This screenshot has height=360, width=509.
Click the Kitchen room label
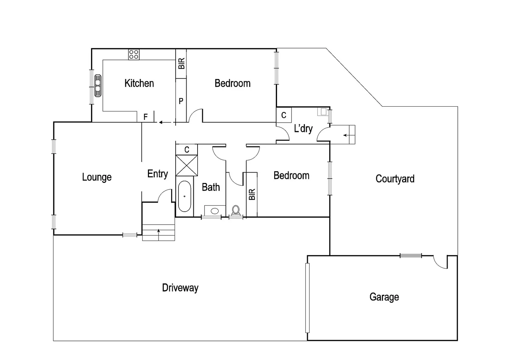[x=139, y=83]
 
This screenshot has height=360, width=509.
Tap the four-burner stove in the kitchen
[x=134, y=54]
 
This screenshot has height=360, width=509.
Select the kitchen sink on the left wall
[x=98, y=86]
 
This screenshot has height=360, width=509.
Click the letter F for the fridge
[x=146, y=117]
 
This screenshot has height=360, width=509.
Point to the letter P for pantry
[x=181, y=101]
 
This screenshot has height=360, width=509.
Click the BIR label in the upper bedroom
[x=181, y=64]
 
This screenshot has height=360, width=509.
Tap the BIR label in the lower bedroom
[x=252, y=194]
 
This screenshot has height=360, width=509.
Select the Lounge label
[x=97, y=177]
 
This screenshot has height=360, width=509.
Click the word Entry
[x=158, y=174]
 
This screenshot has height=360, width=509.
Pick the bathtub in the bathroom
[x=184, y=196]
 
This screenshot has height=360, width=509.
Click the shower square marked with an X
[x=186, y=165]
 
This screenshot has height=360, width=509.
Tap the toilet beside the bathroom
[x=236, y=210]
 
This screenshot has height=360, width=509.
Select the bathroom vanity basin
[x=215, y=211]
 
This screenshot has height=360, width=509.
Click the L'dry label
[x=303, y=128]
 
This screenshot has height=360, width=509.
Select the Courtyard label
[x=395, y=179]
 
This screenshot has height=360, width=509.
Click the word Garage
[x=384, y=297]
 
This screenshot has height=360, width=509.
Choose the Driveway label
[x=180, y=288]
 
